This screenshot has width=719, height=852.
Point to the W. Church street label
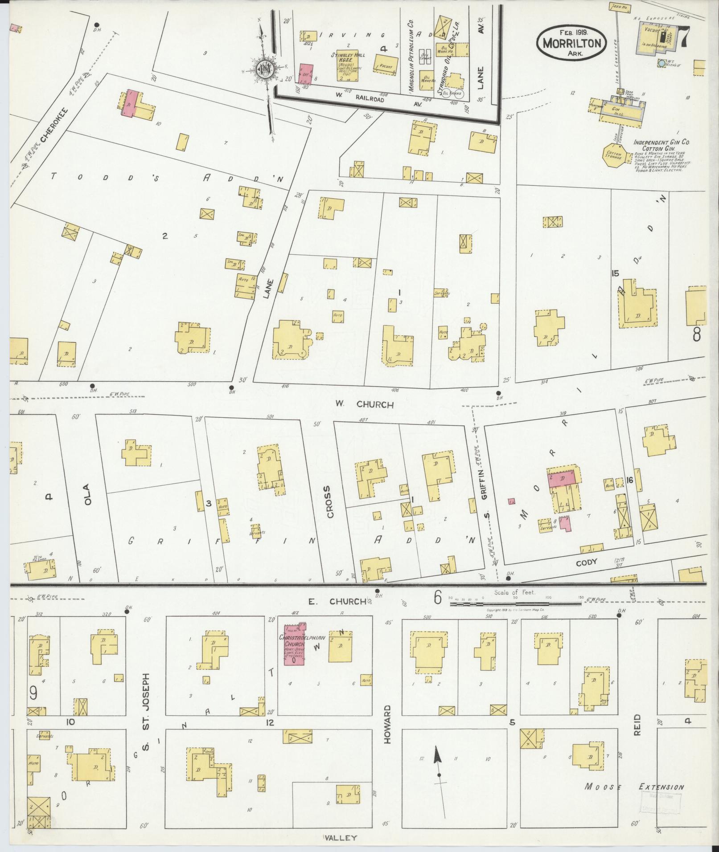point(365,404)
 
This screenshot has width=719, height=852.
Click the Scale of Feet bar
point(515,604)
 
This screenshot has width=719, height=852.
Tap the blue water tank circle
point(661,64)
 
